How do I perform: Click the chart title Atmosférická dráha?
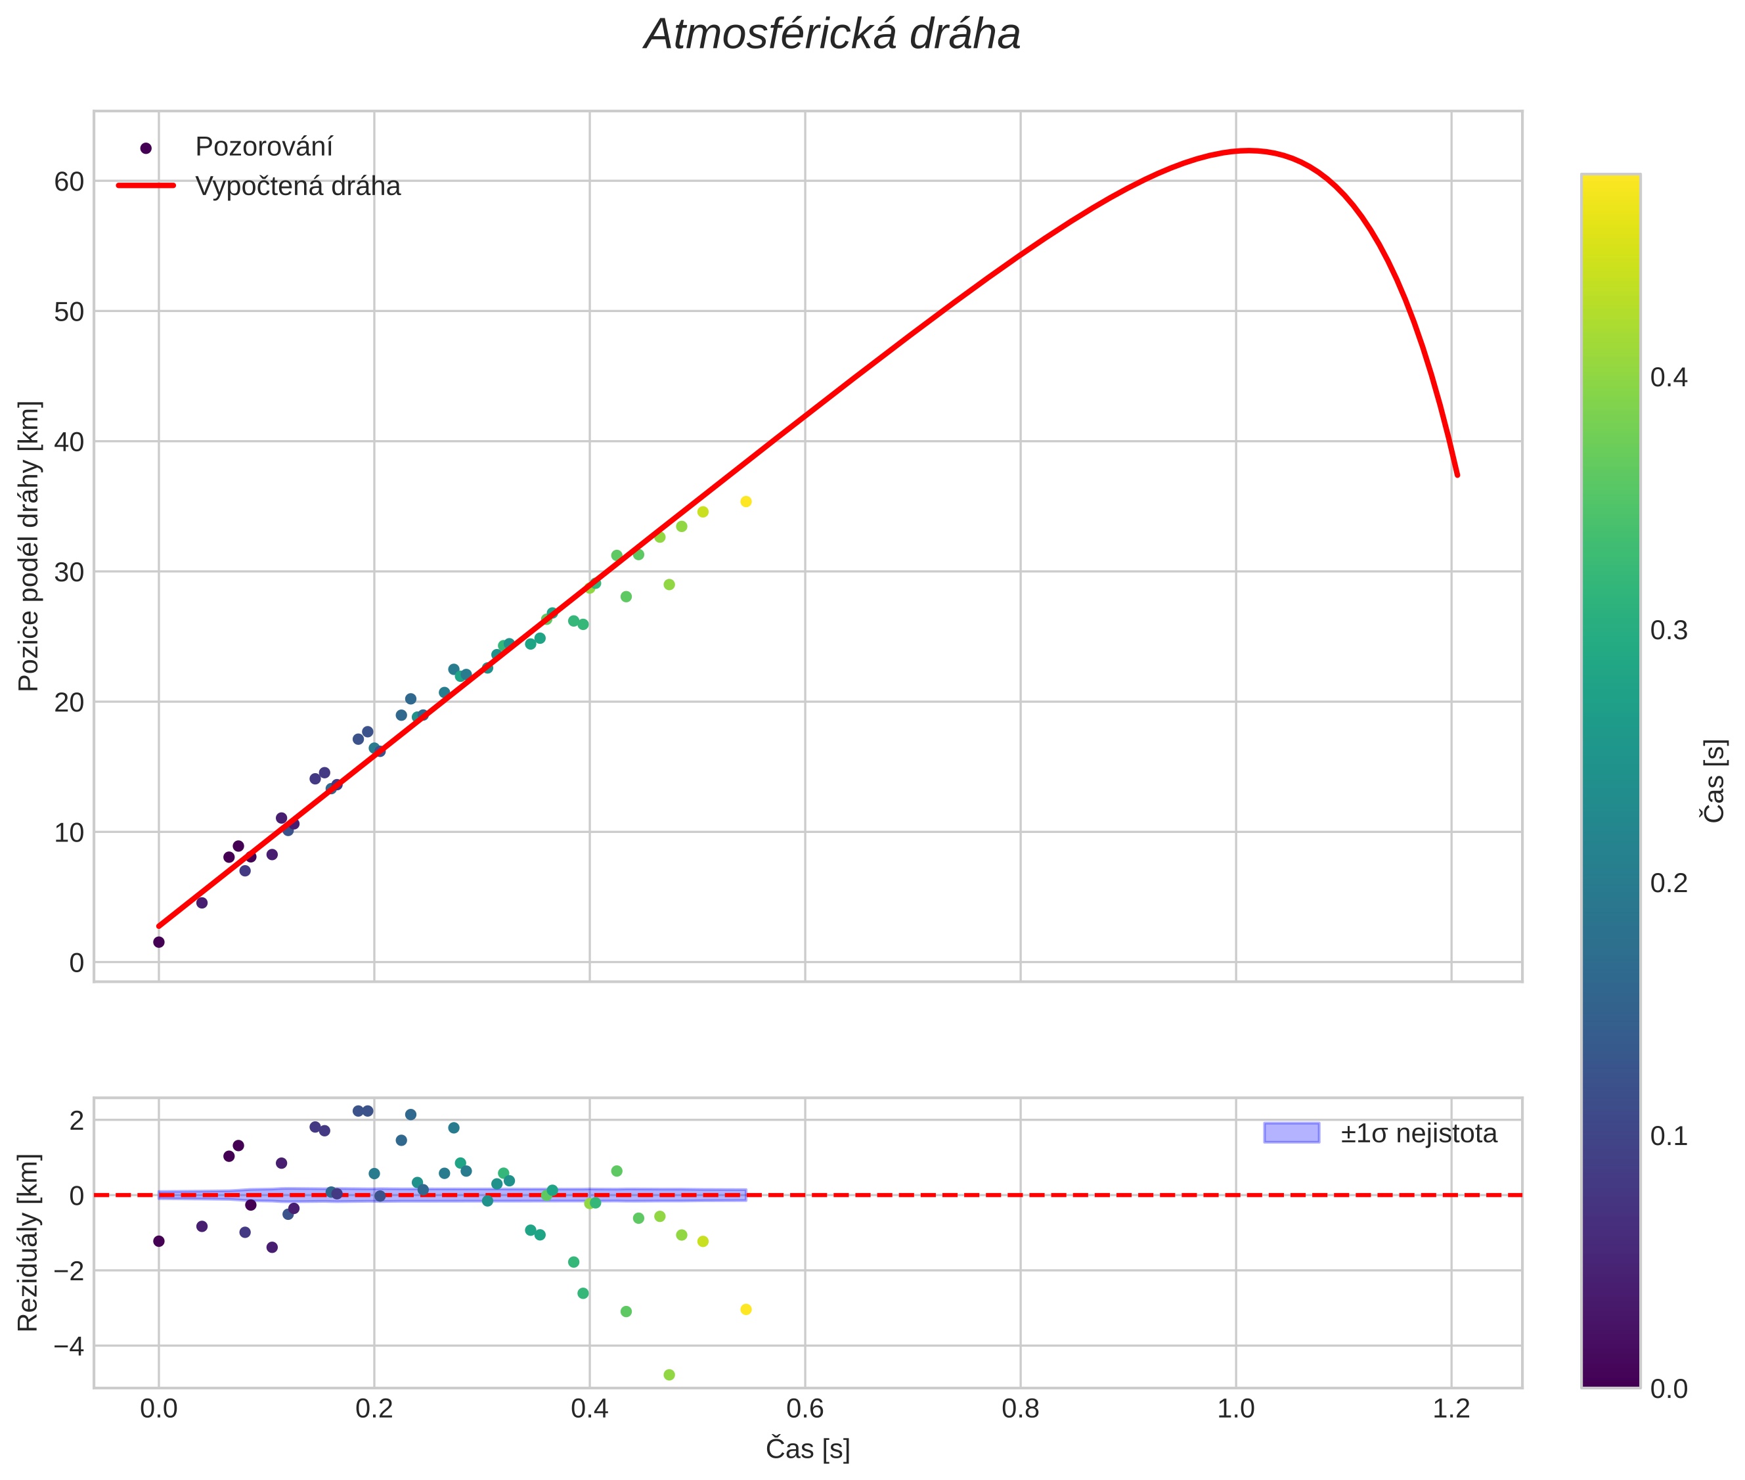pyautogui.click(x=831, y=35)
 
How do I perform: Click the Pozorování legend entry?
pyautogui.click(x=263, y=147)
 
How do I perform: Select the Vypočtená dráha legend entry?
pyautogui.click(x=298, y=187)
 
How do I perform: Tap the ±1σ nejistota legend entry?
pyautogui.click(x=1418, y=1134)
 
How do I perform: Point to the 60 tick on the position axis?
pyautogui.click(x=69, y=181)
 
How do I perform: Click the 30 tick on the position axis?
pyautogui.click(x=69, y=572)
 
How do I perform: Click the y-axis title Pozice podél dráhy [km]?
pyautogui.click(x=28, y=545)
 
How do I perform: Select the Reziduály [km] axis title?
pyautogui.click(x=28, y=1243)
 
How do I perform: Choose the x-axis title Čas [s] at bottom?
pyautogui.click(x=807, y=1449)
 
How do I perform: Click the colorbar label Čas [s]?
pyautogui.click(x=1715, y=781)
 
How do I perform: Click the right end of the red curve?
pyautogui.click(x=1457, y=475)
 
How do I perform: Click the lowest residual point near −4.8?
pyautogui.click(x=669, y=1375)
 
